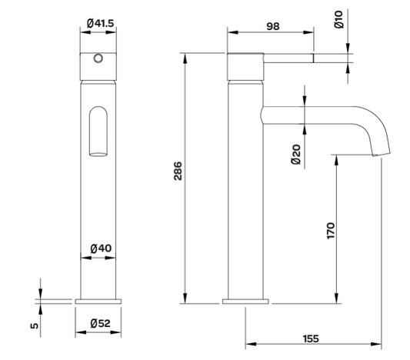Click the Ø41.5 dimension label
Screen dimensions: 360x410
pos(99,24)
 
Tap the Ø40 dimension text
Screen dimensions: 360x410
pos(99,248)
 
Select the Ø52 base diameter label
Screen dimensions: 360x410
pos(99,323)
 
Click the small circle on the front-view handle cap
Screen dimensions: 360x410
pos(98,59)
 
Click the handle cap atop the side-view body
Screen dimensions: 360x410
pos(246,66)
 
